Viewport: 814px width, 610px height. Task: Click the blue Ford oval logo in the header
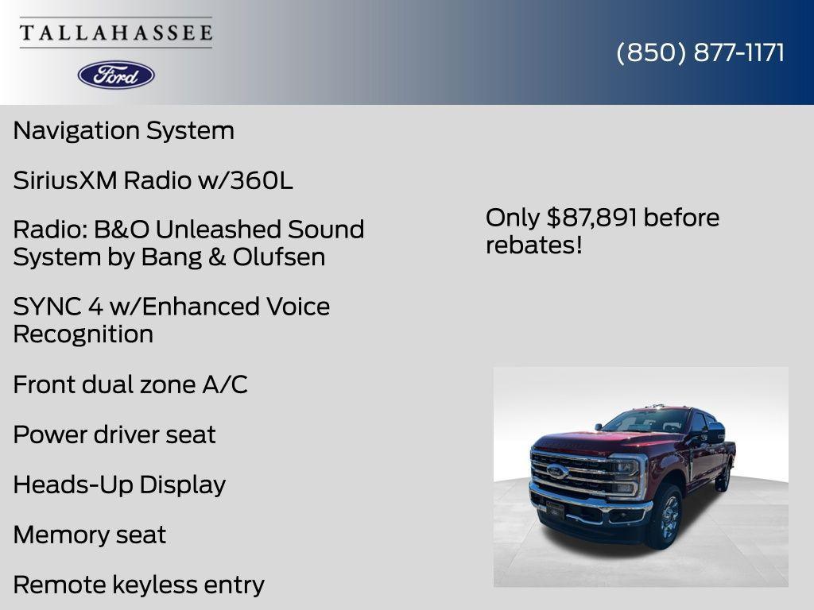[x=116, y=75]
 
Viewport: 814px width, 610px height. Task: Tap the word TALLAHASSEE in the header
[x=116, y=33]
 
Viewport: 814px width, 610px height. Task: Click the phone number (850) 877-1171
[x=700, y=52]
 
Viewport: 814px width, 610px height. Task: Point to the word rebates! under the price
[x=533, y=245]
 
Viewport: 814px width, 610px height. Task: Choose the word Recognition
[x=83, y=334]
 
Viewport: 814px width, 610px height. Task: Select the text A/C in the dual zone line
[x=225, y=384]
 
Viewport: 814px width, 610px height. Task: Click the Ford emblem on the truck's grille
[x=556, y=471]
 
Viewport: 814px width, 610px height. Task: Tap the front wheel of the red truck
[x=666, y=516]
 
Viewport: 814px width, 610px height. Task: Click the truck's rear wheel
[x=723, y=477]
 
